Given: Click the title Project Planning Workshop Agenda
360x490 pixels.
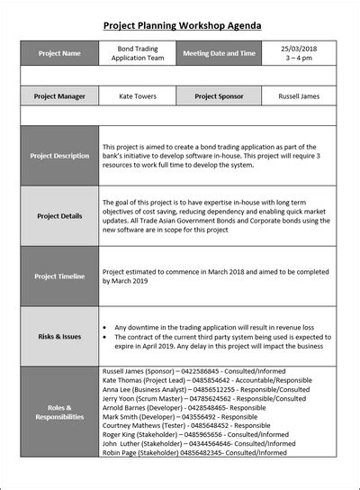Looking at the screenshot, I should [182, 26].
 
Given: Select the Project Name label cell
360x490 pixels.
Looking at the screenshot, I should [59, 53].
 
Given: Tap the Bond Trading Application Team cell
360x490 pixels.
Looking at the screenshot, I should [139, 53].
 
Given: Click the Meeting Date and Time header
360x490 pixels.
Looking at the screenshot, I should [220, 53].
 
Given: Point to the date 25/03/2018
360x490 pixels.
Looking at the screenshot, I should [299, 48].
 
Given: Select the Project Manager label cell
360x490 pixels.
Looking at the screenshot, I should [59, 95].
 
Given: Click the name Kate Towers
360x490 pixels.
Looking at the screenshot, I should [139, 95].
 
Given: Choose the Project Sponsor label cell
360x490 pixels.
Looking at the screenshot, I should [220, 95].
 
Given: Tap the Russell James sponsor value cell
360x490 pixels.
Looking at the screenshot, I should [299, 95].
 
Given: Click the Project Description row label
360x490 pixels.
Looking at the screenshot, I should [59, 156].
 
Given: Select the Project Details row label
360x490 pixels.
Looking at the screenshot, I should [59, 216].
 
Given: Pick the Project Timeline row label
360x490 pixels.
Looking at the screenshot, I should [59, 276].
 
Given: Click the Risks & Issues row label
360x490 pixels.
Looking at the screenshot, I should [59, 336].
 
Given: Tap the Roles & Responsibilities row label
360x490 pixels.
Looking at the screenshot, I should [59, 412].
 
